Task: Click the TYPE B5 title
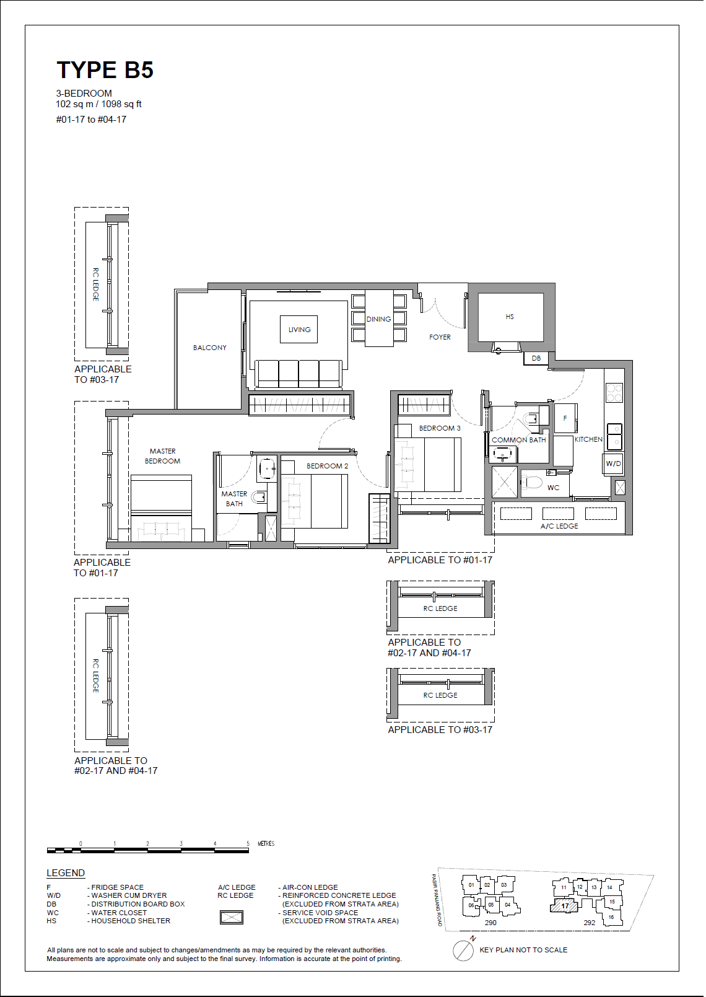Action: point(105,70)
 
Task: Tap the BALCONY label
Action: point(209,348)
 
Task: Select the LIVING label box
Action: point(299,330)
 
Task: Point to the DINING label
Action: point(378,319)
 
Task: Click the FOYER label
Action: point(440,337)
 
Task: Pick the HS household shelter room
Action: point(510,317)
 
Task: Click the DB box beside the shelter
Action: point(536,358)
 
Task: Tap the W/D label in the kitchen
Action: point(613,463)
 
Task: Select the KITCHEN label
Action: point(588,439)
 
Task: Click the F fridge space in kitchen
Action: point(565,419)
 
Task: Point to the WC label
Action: point(553,488)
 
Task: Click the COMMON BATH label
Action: point(518,440)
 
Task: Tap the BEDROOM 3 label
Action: point(440,428)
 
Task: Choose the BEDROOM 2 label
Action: point(327,466)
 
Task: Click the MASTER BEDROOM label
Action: point(162,456)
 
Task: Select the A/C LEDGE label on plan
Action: point(559,526)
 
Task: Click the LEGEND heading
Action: point(66,873)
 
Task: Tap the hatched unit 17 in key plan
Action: point(564,906)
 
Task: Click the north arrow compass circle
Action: point(463,951)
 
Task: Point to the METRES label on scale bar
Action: point(266,843)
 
